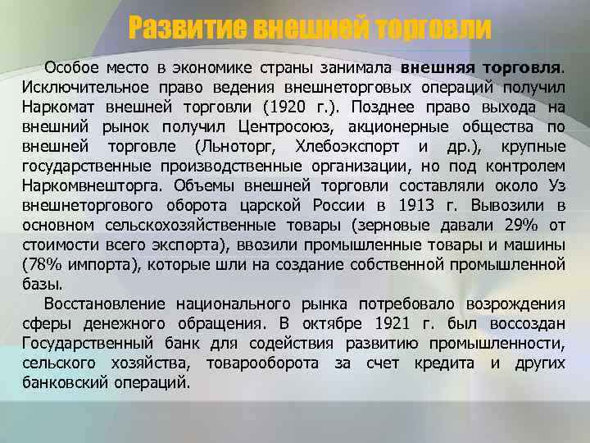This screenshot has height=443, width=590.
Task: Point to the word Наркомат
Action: (58, 107)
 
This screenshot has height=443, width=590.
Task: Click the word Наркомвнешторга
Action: (87, 185)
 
